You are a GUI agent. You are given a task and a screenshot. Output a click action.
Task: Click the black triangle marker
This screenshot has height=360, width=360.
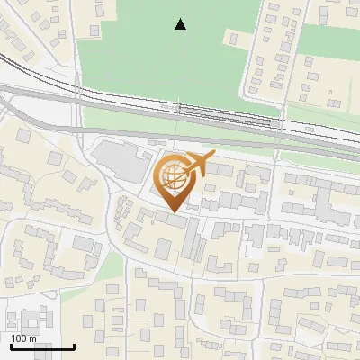pos(181,24)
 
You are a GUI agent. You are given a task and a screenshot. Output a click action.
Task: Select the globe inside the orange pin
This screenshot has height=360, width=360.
pos(172,176)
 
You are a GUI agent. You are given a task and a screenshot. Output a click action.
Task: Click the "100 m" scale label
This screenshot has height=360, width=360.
pos(23,337)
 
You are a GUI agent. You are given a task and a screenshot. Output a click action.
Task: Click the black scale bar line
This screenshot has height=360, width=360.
pos(42,346)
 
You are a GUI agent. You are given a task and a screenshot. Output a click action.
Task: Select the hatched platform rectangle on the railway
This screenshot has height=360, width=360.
pos(224,111)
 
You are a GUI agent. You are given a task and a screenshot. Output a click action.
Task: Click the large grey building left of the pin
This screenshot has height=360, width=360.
pos(121,161)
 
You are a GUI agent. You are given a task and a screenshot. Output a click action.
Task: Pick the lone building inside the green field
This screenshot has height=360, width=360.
pos(233,39)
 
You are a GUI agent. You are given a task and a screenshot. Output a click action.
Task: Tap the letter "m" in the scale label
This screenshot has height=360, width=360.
pos(32,337)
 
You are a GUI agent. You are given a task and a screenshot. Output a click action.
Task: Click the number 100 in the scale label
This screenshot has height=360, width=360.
pos(19,337)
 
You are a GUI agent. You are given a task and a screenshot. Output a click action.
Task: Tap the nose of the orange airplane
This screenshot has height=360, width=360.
pos(214,157)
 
